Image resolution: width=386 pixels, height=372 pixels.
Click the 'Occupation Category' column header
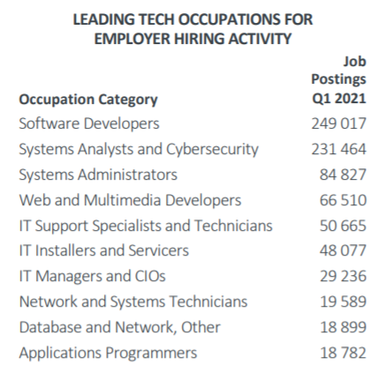[x=88, y=100]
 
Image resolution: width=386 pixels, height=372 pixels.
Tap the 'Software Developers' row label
[x=89, y=124]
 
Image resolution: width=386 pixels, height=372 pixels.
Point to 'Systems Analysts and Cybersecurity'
[x=139, y=150]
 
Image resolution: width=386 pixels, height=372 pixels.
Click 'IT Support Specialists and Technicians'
[x=146, y=226]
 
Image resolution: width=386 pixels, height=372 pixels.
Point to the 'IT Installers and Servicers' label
[x=104, y=251]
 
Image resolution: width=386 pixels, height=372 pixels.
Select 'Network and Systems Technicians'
[x=133, y=302]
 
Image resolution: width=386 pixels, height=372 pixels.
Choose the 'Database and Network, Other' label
[x=120, y=328]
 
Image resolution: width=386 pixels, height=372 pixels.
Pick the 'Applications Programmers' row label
[x=108, y=353]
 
